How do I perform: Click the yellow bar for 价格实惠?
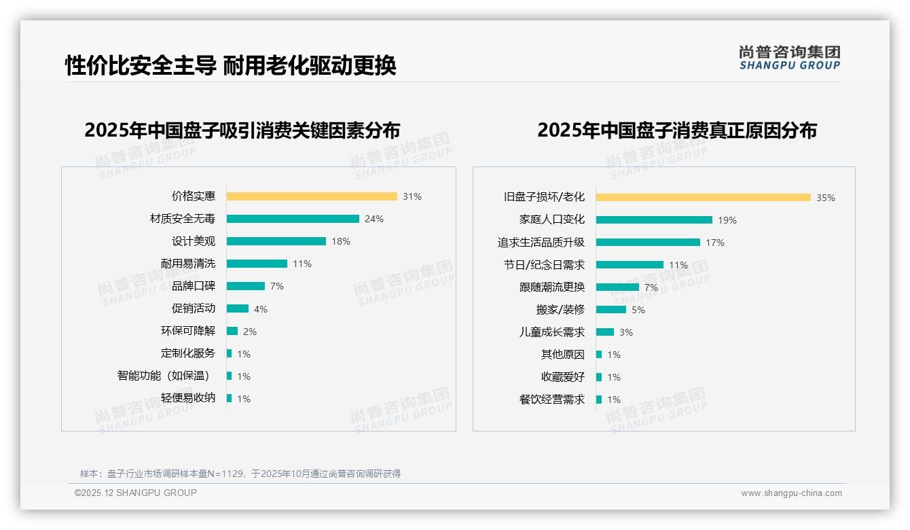click(312, 196)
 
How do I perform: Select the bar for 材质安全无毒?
click(293, 219)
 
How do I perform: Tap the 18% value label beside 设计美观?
click(341, 241)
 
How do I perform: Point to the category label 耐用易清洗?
click(188, 264)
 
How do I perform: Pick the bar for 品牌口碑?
click(246, 286)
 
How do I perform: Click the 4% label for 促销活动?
click(261, 309)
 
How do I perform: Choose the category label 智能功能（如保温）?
click(164, 376)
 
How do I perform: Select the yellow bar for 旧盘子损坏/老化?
click(704, 198)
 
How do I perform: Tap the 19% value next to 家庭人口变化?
click(727, 220)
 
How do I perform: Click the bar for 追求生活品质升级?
click(648, 242)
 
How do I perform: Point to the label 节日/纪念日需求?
click(544, 265)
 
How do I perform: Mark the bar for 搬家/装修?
click(611, 310)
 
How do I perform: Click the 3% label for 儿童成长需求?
click(625, 332)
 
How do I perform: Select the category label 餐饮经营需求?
click(551, 400)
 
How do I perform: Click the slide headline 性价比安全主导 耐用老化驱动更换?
click(231, 66)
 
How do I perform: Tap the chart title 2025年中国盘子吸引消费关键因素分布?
click(242, 130)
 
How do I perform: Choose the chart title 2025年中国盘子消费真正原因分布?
click(677, 130)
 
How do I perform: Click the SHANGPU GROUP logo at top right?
click(790, 58)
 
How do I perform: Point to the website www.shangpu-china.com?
click(791, 493)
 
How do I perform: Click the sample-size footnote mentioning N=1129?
click(240, 474)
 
